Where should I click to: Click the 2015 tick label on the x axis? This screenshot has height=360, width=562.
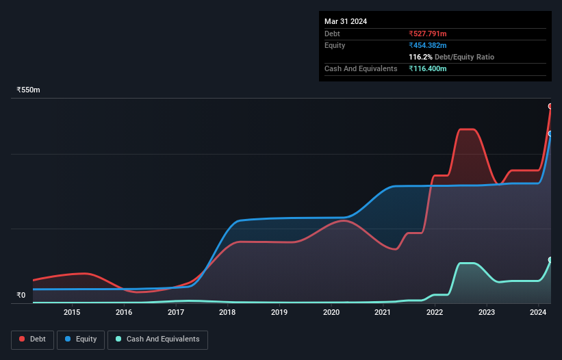tap(72, 313)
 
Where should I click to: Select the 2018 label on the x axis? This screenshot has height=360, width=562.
tap(227, 313)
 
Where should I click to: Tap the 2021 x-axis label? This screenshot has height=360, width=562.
tap(383, 313)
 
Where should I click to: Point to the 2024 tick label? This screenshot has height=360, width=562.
tap(538, 313)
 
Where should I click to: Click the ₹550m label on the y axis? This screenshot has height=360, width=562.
tap(29, 90)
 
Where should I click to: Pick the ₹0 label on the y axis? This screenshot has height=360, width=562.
tap(21, 296)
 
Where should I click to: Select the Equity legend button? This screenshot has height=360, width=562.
tap(81, 339)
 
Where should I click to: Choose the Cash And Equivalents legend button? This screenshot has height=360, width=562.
tap(157, 339)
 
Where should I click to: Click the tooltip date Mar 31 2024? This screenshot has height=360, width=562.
tap(346, 21)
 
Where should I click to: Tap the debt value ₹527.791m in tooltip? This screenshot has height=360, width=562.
tap(428, 34)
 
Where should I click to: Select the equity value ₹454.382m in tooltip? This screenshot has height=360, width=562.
tap(428, 45)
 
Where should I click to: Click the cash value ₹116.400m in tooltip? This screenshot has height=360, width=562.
tap(428, 69)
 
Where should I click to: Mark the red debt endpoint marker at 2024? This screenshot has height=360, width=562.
tap(550, 106)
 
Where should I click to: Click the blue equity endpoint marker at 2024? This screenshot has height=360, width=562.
tap(550, 133)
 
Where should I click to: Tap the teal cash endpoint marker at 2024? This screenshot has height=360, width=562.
tap(550, 260)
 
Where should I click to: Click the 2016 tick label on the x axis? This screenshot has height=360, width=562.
tap(124, 313)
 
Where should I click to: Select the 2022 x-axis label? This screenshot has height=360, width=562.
tap(435, 313)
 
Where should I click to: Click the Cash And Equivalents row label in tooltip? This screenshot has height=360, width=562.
tap(361, 69)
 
